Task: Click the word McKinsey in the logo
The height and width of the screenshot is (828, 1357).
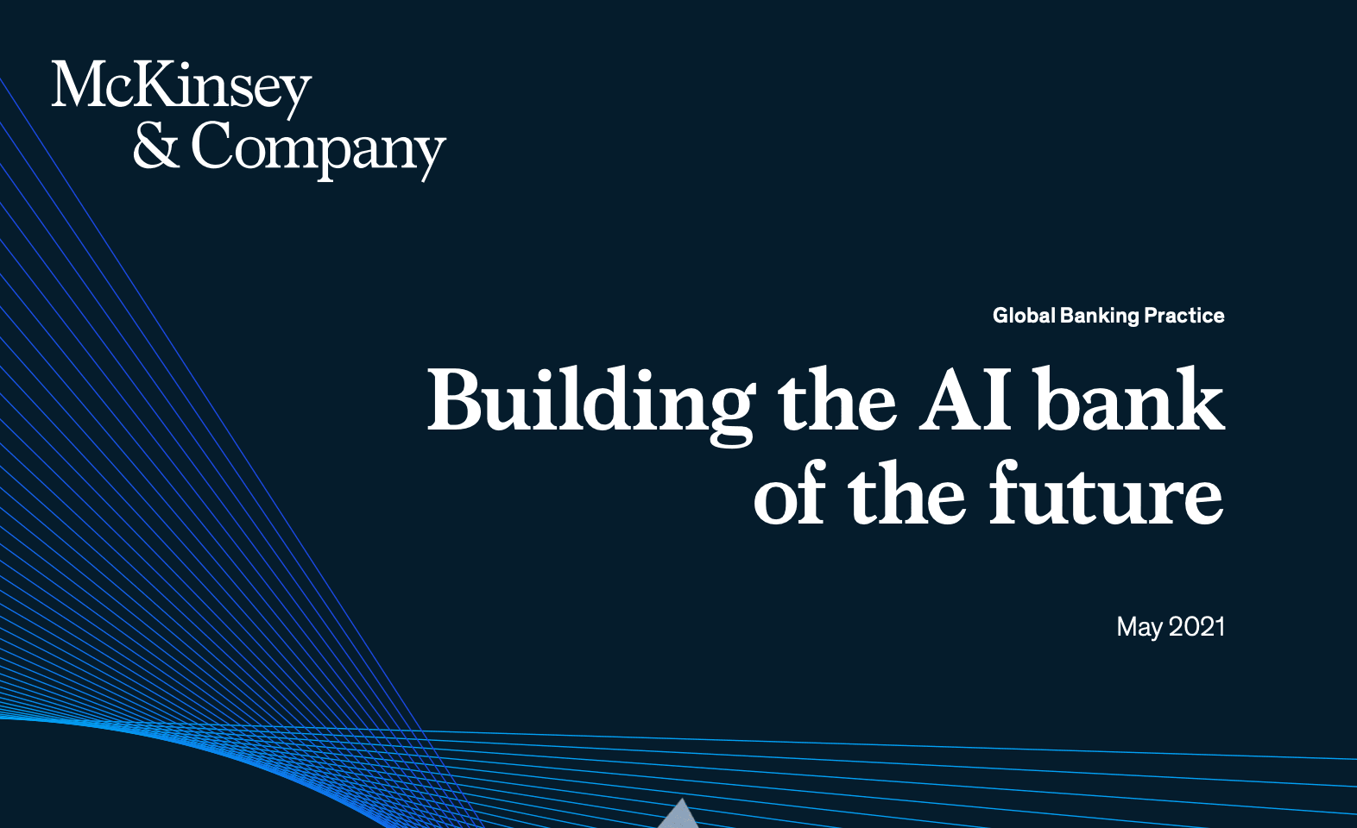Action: click(x=181, y=90)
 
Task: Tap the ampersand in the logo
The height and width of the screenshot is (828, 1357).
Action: click(x=156, y=144)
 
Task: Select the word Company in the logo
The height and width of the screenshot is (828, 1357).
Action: click(x=319, y=150)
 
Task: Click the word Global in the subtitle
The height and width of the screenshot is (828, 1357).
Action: click(x=1024, y=316)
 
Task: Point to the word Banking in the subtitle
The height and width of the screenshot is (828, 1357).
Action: click(x=1100, y=316)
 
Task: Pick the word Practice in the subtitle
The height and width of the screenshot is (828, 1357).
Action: click(x=1184, y=316)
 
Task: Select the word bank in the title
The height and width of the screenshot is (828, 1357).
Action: click(x=1130, y=398)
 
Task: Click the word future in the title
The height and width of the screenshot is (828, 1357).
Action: click(x=1106, y=492)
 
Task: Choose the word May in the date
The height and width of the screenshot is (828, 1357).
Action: click(x=1139, y=628)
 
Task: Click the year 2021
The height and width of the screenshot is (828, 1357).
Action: click(x=1196, y=626)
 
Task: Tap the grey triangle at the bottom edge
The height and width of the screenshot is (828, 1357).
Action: click(x=682, y=816)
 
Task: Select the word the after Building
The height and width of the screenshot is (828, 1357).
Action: click(x=836, y=399)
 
